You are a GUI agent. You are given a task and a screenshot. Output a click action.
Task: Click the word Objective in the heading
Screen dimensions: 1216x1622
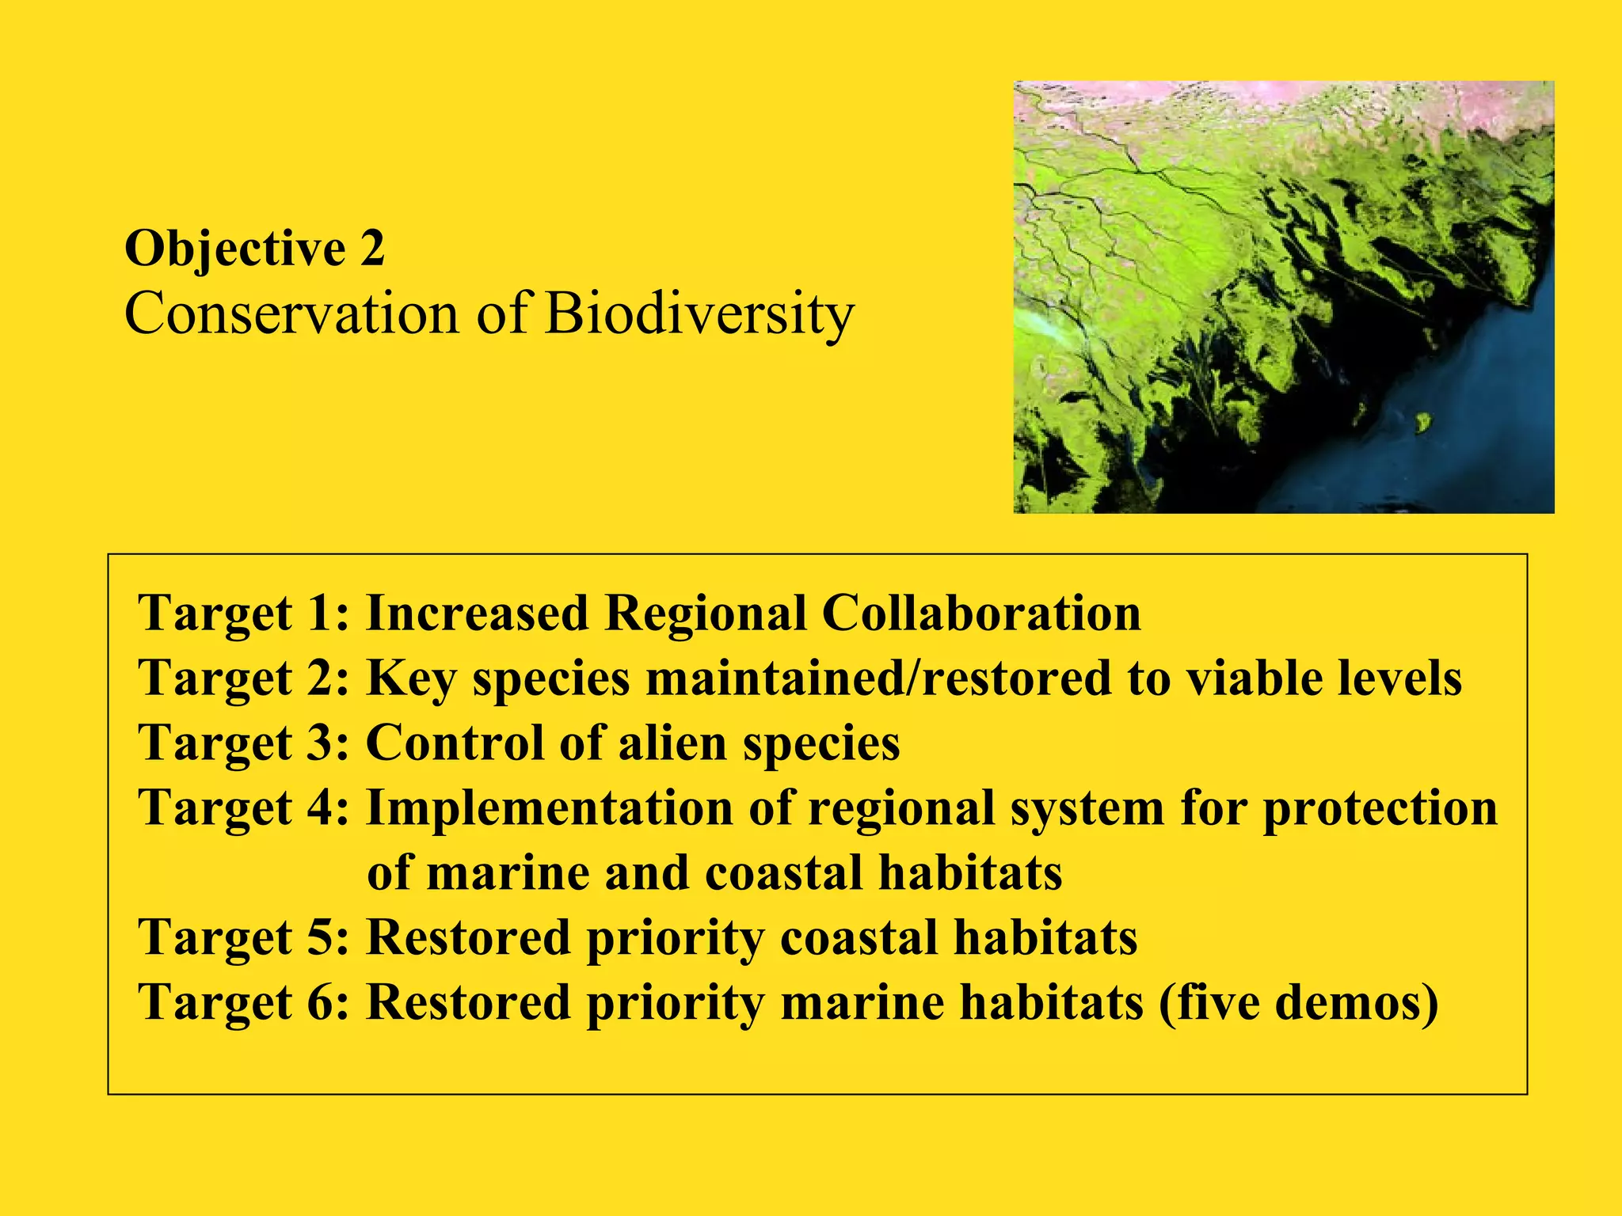point(234,249)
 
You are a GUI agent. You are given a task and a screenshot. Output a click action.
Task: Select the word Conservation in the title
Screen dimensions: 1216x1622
point(291,314)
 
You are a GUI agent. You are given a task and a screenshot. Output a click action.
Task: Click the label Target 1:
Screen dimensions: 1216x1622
point(243,614)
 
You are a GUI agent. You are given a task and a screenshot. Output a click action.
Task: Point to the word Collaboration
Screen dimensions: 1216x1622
point(981,614)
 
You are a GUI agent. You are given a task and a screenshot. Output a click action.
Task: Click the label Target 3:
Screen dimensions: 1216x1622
point(243,743)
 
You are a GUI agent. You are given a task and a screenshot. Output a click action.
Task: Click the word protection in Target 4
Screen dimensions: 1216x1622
point(1380,810)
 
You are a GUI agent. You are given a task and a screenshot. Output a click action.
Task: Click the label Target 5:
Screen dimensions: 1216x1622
point(243,938)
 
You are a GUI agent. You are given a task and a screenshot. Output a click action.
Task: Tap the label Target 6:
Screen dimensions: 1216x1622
point(243,1003)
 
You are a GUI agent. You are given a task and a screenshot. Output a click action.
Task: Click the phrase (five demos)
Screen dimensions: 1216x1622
point(1299,1003)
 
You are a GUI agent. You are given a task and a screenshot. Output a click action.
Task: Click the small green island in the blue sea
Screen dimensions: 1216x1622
point(1423,422)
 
